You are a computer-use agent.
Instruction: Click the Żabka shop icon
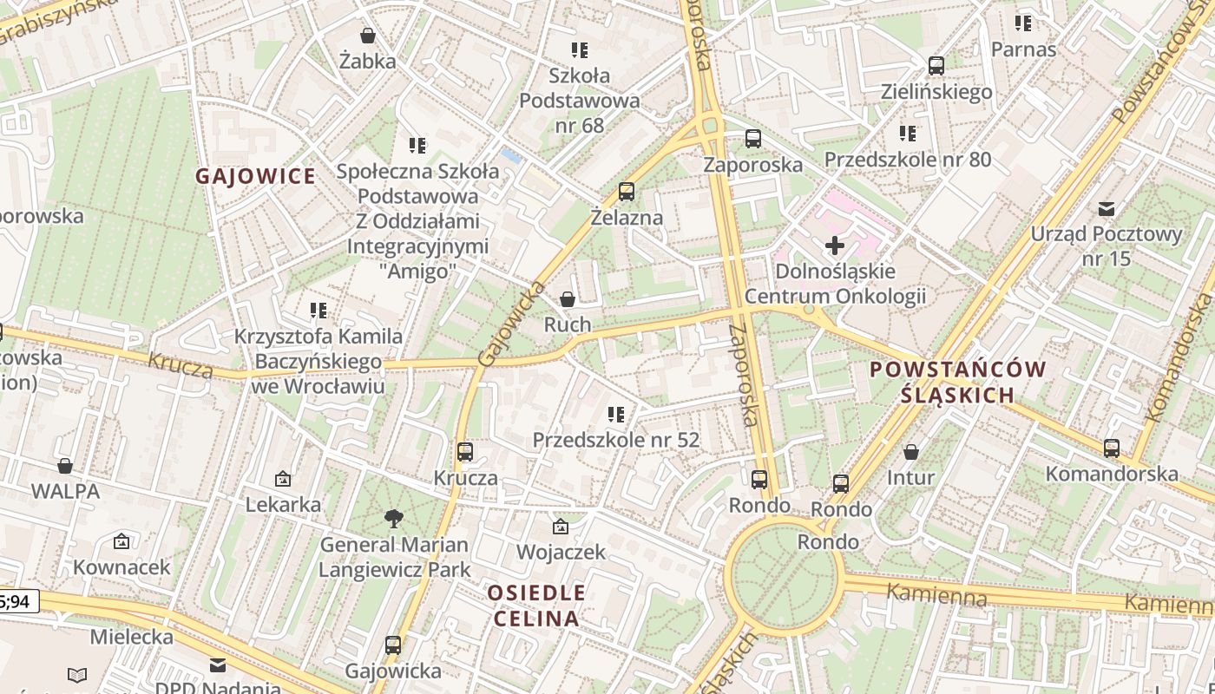368,36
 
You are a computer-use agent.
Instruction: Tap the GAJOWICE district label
255,176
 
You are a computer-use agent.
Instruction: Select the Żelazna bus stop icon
626,192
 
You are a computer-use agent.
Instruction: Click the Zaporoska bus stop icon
752,139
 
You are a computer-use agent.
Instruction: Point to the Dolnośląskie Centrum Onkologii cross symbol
834,246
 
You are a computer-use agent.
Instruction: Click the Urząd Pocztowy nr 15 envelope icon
1106,208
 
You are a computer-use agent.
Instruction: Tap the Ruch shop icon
567,299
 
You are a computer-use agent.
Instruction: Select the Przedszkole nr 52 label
615,440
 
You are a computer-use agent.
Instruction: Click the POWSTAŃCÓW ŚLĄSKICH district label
957,382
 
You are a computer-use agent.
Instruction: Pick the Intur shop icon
910,452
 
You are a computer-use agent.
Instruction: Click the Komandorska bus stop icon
1111,448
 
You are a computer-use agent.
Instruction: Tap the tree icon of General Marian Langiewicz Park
393,519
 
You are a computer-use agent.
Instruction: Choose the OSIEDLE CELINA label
535,606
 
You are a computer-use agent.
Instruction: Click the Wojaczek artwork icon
560,527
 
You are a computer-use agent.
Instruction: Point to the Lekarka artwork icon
282,479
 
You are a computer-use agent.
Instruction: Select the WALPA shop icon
64,466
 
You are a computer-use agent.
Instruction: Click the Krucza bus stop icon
464,452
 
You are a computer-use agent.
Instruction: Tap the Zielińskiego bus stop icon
936,66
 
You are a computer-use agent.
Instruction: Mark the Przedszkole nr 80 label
907,160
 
